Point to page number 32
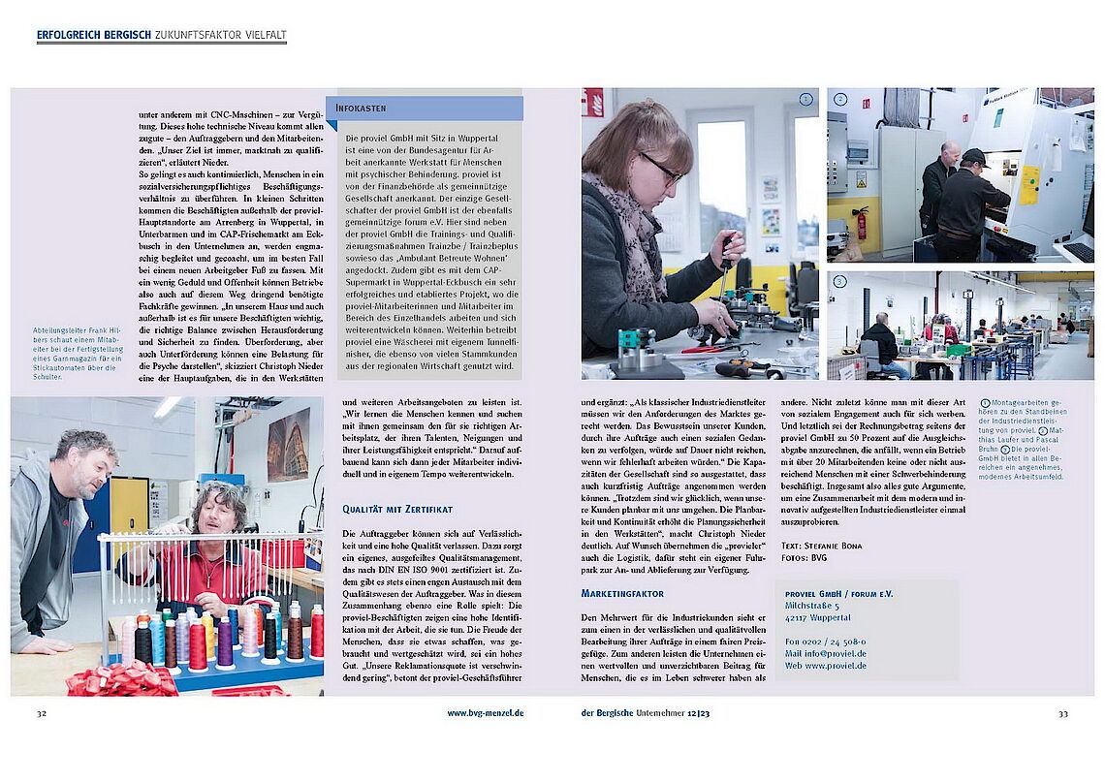(42, 713)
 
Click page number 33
(1062, 713)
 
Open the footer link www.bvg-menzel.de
(485, 713)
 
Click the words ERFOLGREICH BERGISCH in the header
(94, 36)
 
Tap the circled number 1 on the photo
(805, 99)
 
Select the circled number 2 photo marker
(840, 99)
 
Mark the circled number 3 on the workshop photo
(840, 282)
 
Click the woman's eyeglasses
(661, 170)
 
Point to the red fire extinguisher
(860, 221)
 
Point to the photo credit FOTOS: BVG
(806, 558)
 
